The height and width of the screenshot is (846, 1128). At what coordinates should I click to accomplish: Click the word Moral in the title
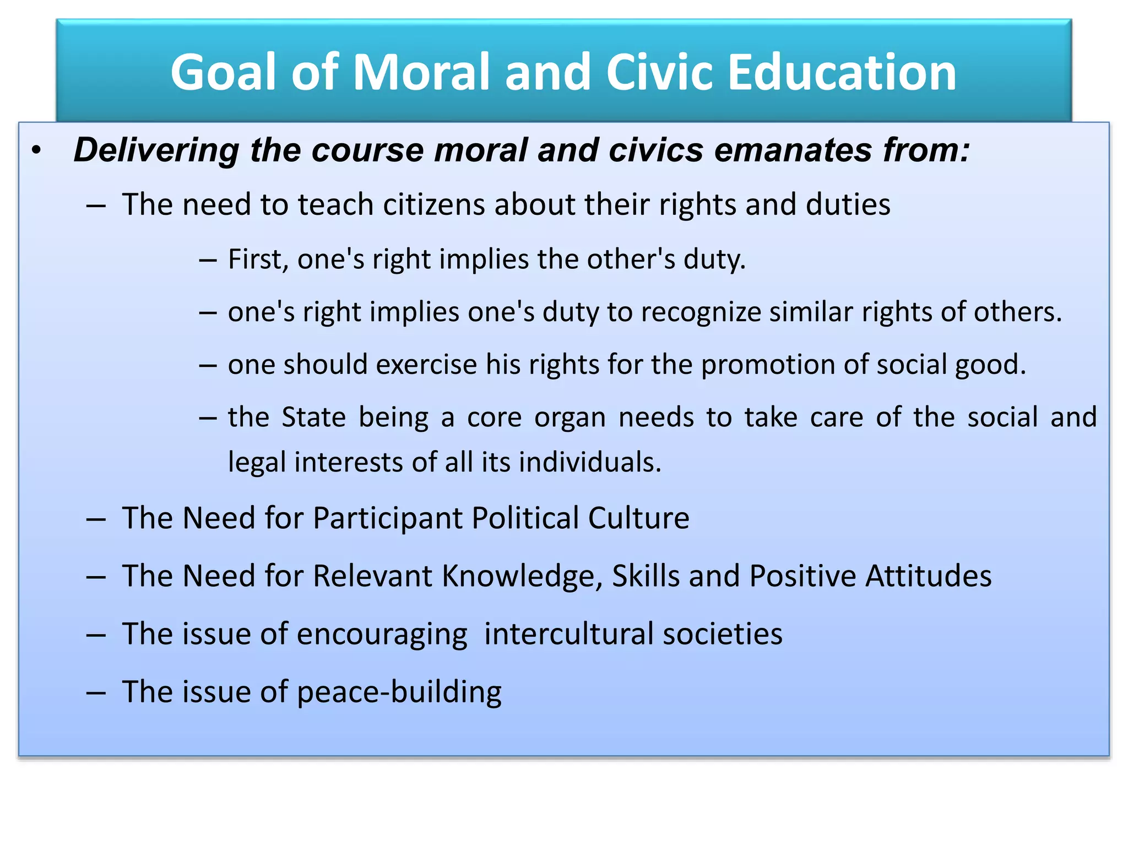pos(421,72)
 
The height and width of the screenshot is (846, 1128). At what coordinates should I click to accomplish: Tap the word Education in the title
pos(842,72)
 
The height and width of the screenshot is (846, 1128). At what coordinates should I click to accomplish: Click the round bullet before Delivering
pos(36,150)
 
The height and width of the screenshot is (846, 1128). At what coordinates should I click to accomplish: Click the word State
pos(313,417)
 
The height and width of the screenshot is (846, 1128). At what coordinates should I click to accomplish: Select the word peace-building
pos(399,692)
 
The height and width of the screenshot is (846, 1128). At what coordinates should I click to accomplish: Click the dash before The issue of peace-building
pos(96,693)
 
